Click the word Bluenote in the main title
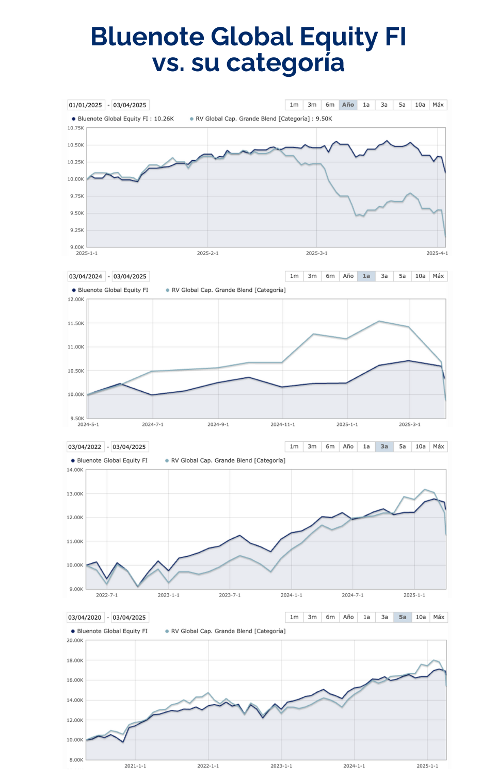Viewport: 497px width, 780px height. pyautogui.click(x=148, y=37)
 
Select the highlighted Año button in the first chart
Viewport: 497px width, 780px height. pyautogui.click(x=348, y=105)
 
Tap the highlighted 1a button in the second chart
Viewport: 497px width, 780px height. pyautogui.click(x=366, y=276)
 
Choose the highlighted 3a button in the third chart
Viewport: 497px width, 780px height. pyautogui.click(x=384, y=446)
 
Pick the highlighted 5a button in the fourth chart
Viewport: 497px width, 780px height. pyautogui.click(x=403, y=617)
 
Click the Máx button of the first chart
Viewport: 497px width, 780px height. pyautogui.click(x=438, y=105)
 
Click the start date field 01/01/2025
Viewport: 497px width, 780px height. pyautogui.click(x=86, y=105)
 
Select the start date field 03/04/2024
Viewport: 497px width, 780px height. pyautogui.click(x=86, y=277)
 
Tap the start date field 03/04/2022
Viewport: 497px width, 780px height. pyautogui.click(x=85, y=447)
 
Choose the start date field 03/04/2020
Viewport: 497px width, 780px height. pyautogui.click(x=85, y=618)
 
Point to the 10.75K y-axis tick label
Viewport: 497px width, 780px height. pyautogui.click(x=75, y=128)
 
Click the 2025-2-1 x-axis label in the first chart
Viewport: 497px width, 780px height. pyautogui.click(x=207, y=253)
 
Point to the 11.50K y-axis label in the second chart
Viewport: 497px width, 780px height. pyautogui.click(x=75, y=323)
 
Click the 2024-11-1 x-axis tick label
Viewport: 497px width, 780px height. pyautogui.click(x=282, y=425)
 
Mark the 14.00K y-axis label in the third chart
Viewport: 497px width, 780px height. pyautogui.click(x=75, y=470)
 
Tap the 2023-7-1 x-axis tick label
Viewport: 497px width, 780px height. pyautogui.click(x=230, y=595)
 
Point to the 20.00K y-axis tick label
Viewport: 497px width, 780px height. pyautogui.click(x=75, y=641)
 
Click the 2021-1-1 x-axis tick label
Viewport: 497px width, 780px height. pyautogui.click(x=135, y=766)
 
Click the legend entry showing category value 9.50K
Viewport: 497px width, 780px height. pyautogui.click(x=264, y=119)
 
